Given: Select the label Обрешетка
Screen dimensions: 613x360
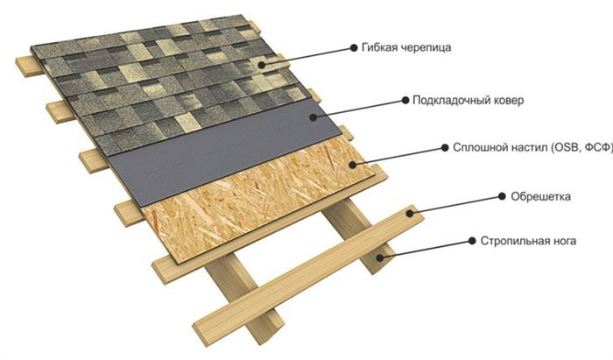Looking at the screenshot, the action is [x=540, y=196].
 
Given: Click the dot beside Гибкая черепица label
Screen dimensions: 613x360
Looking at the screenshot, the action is [x=354, y=47].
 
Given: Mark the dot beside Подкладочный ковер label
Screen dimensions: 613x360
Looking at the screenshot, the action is [x=405, y=101].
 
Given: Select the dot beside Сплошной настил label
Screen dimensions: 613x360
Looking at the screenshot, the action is [x=445, y=148].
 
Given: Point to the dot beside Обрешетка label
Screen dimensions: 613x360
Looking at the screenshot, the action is [x=503, y=196].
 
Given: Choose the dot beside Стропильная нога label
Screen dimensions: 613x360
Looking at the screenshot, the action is [x=472, y=241].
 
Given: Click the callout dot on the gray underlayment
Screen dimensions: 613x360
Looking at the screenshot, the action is [x=313, y=116].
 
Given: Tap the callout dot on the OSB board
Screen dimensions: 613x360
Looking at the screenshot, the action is [x=353, y=165].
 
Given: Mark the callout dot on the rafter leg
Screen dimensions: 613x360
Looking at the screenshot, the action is [x=379, y=257].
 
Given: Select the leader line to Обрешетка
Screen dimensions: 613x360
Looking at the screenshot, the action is [x=456, y=205].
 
